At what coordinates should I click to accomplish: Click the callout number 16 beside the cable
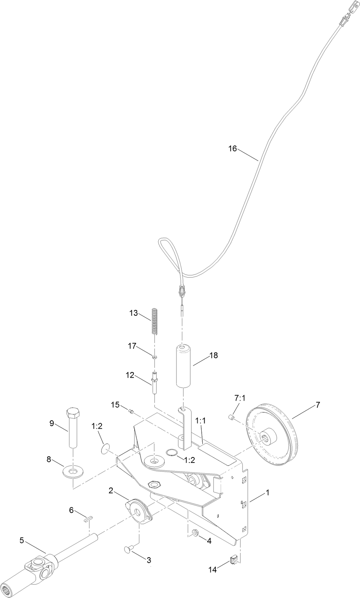(232, 148)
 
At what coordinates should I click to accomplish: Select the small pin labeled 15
(131, 412)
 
